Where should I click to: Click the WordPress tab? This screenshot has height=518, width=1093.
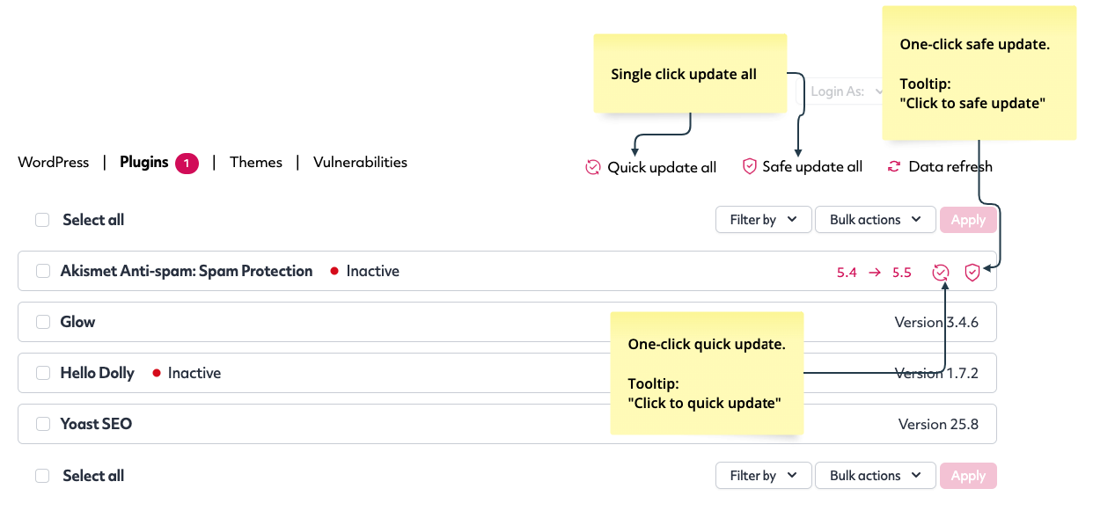[53, 163]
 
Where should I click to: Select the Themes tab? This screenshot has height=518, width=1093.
[256, 163]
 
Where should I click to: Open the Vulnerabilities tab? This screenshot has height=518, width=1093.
[360, 163]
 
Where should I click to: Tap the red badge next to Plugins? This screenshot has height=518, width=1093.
[187, 164]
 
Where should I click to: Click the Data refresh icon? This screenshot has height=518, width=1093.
[894, 167]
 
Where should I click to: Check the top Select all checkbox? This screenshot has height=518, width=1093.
[42, 220]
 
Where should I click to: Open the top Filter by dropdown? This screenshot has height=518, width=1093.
[764, 220]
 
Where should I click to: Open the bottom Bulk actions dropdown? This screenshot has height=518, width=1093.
[876, 476]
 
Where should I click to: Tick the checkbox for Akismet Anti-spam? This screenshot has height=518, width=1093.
[43, 271]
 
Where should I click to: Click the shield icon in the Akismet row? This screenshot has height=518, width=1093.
[972, 272]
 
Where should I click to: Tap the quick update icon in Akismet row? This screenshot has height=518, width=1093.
[940, 272]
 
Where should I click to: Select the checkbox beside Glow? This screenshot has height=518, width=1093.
[43, 322]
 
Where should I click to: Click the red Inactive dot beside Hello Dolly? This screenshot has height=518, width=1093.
[157, 373]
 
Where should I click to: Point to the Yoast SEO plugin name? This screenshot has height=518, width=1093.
[96, 424]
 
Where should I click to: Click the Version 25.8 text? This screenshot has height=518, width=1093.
[938, 425]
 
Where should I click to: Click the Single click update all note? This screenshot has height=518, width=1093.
[690, 74]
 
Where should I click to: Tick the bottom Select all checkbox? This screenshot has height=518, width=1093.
[42, 476]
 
